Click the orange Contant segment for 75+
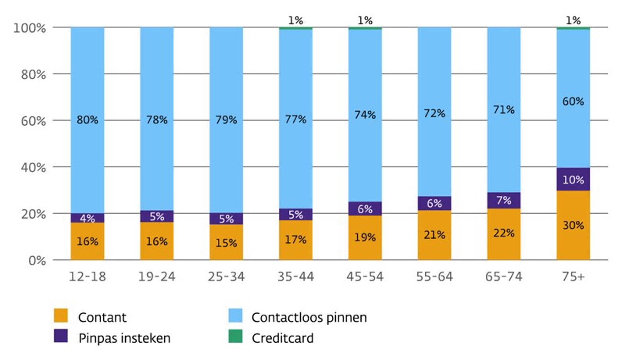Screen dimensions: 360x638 [x=573, y=226]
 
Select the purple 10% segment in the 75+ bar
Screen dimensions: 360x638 [x=573, y=179]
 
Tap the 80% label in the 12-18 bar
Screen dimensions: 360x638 [x=87, y=120]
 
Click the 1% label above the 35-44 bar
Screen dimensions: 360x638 [x=295, y=20]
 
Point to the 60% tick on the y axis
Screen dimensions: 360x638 [x=33, y=121]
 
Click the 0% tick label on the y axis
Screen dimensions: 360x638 [x=37, y=261]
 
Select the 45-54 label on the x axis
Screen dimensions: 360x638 [x=365, y=277]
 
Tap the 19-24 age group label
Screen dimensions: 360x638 [x=157, y=277]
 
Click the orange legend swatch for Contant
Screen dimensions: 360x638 [x=61, y=315]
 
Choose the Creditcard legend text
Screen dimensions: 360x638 [x=282, y=338]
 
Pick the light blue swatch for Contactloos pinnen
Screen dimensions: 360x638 [x=235, y=315]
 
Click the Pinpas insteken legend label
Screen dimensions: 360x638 [x=124, y=338]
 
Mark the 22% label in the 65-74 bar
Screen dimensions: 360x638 [x=504, y=233]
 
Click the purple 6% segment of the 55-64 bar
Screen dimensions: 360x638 [x=434, y=203]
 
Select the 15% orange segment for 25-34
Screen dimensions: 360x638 [x=226, y=242]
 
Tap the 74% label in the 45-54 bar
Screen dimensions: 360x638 [x=365, y=115]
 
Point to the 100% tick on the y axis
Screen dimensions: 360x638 [x=30, y=28]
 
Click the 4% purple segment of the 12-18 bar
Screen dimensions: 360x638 [x=87, y=218]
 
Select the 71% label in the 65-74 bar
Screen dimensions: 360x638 [x=504, y=110]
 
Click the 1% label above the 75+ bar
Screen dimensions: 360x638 [x=573, y=20]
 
